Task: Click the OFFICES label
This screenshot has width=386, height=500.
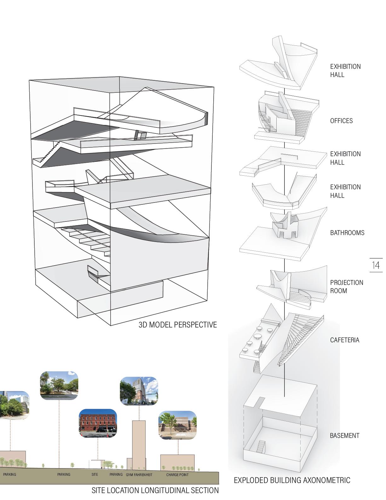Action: coord(341,121)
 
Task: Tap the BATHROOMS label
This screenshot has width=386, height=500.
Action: coord(347,233)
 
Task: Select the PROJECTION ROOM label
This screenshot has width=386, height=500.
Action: coord(347,286)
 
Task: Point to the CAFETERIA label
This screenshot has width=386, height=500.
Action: coord(344,340)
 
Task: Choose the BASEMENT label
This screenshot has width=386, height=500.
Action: coord(344,436)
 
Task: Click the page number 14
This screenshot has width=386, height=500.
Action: coord(376,265)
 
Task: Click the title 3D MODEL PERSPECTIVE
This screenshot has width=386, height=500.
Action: coord(177,325)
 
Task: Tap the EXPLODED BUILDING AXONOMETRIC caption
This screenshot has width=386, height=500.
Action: coord(292,480)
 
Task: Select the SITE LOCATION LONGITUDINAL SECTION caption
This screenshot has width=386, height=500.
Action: coord(155,491)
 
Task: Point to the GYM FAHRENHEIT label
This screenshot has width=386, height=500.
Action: coord(139,474)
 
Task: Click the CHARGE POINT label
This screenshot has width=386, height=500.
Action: coord(177,474)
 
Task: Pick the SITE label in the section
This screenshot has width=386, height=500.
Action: coord(95,474)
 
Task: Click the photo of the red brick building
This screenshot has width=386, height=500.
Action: coord(98,423)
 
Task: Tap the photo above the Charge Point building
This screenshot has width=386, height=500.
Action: coord(177,425)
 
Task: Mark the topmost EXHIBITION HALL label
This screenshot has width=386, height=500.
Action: coord(345,71)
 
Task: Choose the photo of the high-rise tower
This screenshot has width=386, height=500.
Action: coord(139,391)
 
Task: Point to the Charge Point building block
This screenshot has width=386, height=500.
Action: coord(177,462)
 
